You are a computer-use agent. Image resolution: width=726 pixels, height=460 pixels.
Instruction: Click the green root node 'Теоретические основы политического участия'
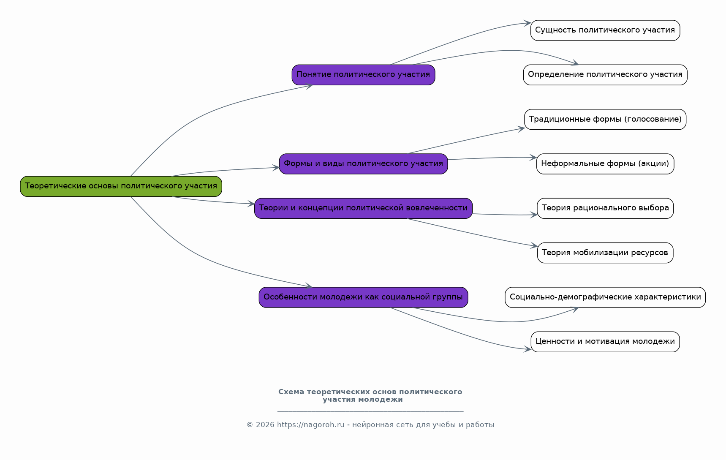121,186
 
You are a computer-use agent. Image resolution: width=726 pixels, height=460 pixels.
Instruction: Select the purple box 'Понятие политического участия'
363,75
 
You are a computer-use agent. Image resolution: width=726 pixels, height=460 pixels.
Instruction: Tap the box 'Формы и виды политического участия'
363,164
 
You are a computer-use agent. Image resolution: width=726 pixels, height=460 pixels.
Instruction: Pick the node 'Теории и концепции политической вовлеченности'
363,208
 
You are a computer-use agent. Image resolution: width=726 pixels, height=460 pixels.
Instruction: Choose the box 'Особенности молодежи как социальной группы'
363,297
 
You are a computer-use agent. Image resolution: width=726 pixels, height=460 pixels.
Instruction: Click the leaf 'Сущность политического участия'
605,30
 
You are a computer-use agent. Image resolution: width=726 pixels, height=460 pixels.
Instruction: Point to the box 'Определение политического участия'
605,75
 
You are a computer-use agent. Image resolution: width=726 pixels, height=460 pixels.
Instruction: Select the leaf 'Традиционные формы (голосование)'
605,120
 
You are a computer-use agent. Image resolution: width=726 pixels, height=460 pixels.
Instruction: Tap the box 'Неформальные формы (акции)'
605,164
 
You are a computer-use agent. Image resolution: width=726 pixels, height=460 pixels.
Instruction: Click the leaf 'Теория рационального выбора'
605,208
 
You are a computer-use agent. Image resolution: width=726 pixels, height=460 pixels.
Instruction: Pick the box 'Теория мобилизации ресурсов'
605,253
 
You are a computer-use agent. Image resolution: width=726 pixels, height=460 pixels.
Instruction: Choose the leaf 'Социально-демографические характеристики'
605,297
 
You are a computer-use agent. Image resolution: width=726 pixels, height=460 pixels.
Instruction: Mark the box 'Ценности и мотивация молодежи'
605,342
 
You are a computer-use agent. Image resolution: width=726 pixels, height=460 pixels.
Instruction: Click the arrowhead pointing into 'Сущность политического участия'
527,23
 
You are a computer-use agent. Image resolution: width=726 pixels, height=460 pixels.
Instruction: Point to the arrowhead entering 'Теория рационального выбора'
534,215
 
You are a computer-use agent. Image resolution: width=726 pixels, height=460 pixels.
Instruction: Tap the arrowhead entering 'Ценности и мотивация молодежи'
528,349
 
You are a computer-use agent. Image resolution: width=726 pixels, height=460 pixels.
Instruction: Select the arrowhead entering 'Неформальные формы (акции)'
533,158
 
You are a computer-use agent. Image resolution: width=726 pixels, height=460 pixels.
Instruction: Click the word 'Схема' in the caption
291,392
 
